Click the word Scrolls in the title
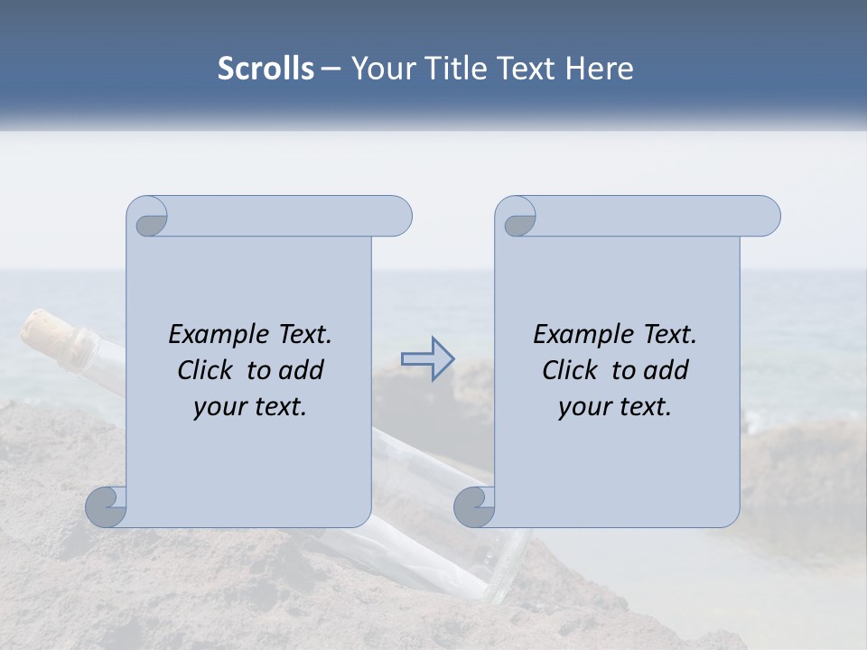point(266,69)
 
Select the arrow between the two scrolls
point(427,359)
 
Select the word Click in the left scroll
point(207,370)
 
